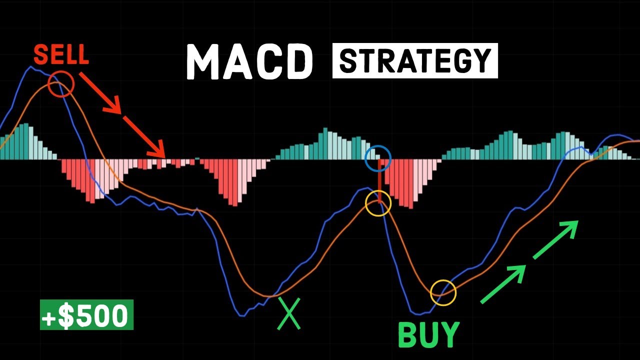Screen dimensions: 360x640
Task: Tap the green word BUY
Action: [x=428, y=334]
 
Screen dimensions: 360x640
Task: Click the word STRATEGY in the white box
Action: [x=415, y=61]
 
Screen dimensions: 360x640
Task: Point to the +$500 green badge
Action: [x=86, y=315]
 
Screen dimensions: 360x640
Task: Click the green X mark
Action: [x=288, y=313]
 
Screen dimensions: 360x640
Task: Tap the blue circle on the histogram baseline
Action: [x=378, y=158]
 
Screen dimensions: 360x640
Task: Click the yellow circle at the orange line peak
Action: [x=378, y=203]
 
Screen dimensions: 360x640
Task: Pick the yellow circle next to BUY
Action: [x=443, y=292]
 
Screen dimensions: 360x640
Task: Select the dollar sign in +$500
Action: [x=66, y=315]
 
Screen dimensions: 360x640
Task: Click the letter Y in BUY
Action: [x=449, y=334]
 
